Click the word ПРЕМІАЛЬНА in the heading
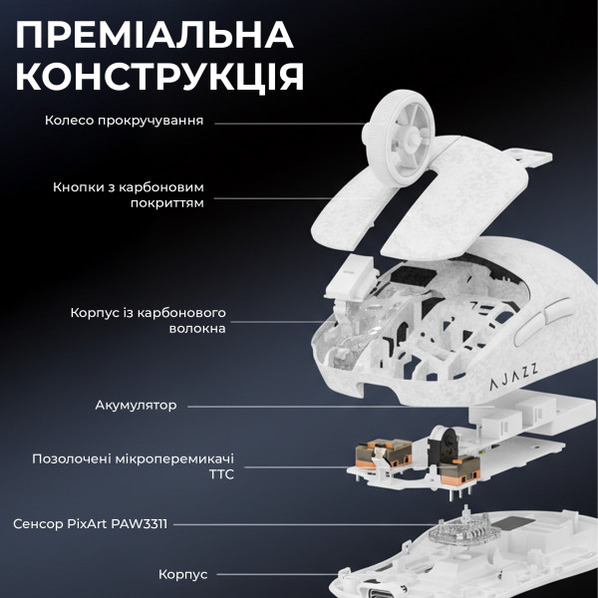point(154,35)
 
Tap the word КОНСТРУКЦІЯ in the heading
point(160,78)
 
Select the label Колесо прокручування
point(125,121)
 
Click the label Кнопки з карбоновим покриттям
point(129,193)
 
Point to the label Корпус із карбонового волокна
point(149,320)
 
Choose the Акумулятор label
point(136,406)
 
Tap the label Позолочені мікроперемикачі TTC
point(140,466)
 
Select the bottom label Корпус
point(183,575)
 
